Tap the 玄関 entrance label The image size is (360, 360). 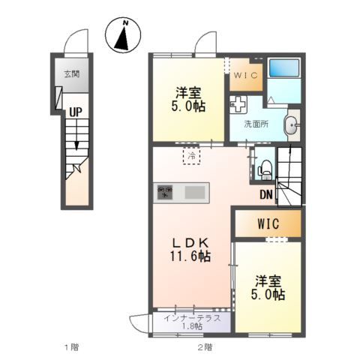click(71, 74)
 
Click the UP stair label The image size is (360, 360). click(76, 112)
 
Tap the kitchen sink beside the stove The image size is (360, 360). click(194, 193)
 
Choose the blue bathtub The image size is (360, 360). click(283, 72)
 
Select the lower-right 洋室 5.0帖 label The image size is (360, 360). click(268, 288)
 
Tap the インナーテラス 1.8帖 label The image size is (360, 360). click(192, 322)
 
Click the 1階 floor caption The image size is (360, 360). click(70, 347)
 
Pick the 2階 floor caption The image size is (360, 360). click(205, 347)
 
